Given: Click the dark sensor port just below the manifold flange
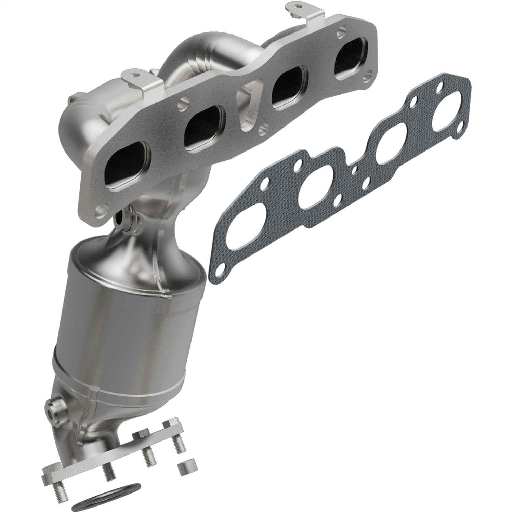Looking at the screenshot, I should click(x=120, y=217).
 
